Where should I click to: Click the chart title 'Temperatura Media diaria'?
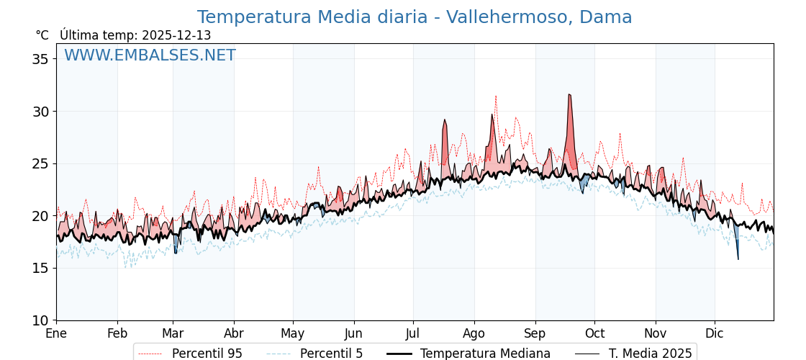coord(414,17)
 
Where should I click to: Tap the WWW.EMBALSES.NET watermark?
coord(150,55)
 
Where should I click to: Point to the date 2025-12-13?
coord(176,35)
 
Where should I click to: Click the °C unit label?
coord(42,35)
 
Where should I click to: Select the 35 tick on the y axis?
coord(40,59)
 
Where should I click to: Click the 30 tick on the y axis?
coord(40,112)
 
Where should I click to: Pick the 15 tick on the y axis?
coord(40,268)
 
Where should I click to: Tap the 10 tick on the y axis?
coord(40,320)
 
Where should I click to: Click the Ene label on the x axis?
coord(56,333)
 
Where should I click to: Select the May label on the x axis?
coord(293,333)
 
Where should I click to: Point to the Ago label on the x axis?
coord(474,333)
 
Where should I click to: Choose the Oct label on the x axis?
coord(594,333)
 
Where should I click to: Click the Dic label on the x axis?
coord(715,333)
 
